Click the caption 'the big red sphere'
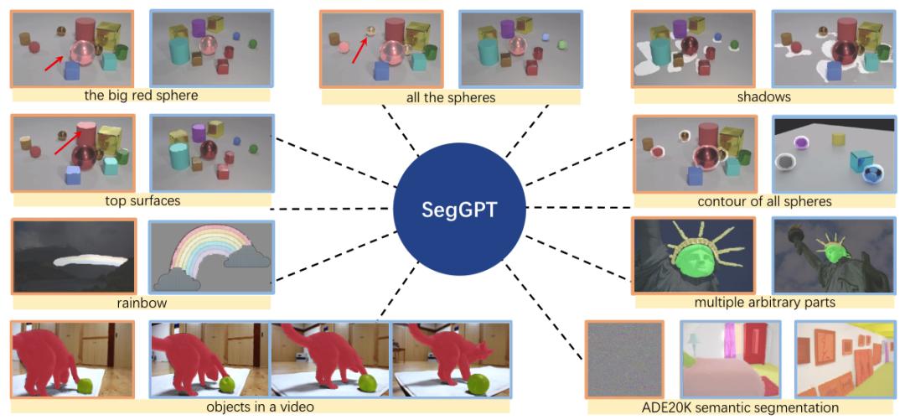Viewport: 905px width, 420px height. point(141,96)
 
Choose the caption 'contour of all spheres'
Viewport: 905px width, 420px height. point(764,201)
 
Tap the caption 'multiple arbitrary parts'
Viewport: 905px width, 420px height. point(764,301)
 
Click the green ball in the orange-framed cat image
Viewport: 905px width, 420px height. point(84,385)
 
